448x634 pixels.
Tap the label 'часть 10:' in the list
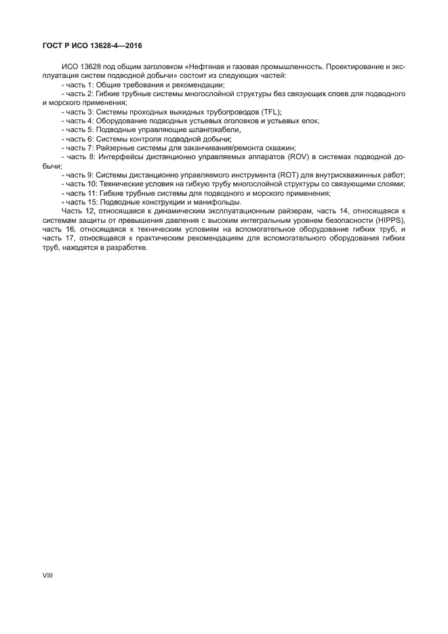pos(81,184)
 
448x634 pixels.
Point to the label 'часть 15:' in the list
pos(81,202)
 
